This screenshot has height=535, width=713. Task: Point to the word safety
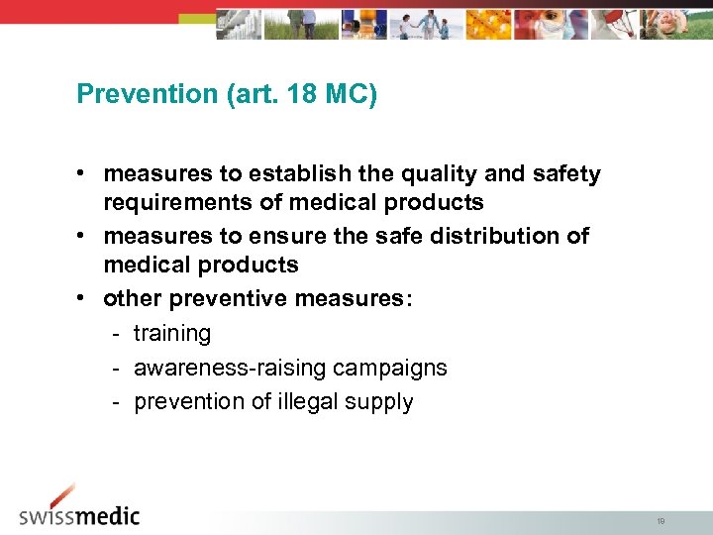click(x=563, y=174)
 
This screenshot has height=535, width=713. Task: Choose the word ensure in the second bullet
click(x=281, y=236)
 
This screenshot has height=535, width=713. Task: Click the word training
click(x=172, y=334)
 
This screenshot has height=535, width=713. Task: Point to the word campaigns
click(x=390, y=368)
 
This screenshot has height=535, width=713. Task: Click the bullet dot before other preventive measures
click(x=88, y=298)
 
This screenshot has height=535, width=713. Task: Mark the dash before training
click(x=116, y=334)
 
